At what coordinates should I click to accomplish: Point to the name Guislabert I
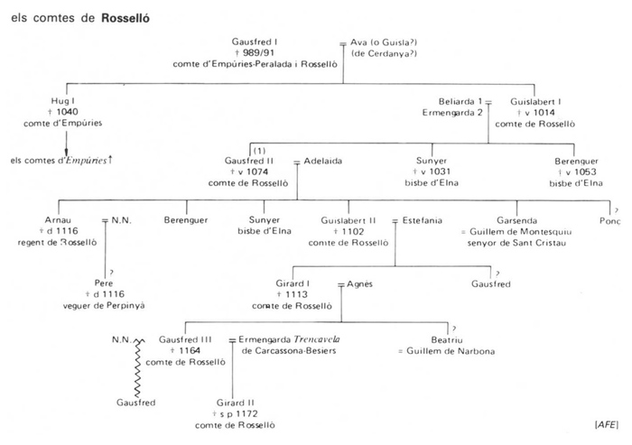[x=539, y=101]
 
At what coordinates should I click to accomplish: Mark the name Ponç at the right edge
[x=610, y=219]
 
